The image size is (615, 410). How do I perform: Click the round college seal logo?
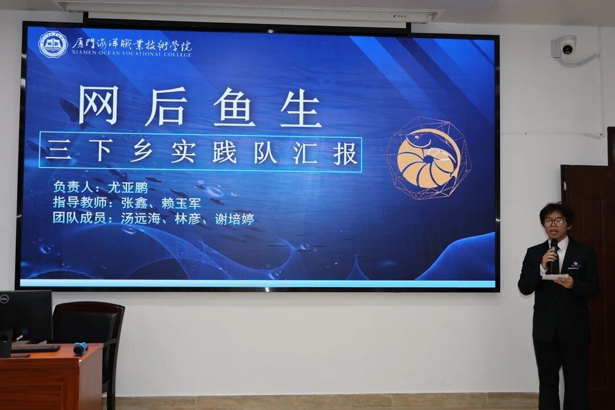(53, 45)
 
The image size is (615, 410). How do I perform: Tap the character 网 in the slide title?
(99, 105)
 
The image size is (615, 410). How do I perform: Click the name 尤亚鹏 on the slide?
(128, 187)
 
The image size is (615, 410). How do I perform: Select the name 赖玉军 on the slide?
(181, 203)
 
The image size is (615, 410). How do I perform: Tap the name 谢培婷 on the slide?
(234, 219)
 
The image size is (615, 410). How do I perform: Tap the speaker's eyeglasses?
(555, 223)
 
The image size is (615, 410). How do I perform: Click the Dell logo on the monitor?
(4, 299)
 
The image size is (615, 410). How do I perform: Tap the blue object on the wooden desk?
(80, 348)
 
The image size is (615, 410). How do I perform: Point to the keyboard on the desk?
(35, 348)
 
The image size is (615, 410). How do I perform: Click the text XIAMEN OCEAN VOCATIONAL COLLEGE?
(132, 54)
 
